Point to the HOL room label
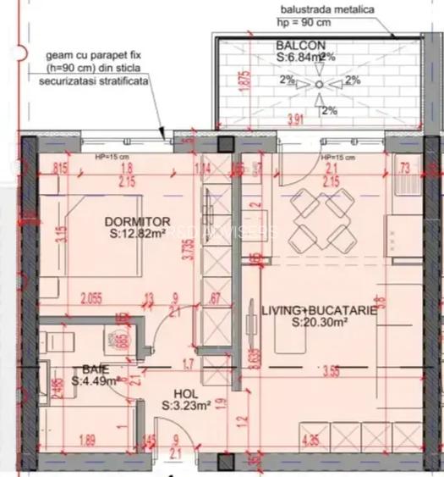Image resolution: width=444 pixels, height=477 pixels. click(185, 394)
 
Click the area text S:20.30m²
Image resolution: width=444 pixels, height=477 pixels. click(319, 322)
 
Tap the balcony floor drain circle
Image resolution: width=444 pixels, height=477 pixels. click(317, 84)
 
